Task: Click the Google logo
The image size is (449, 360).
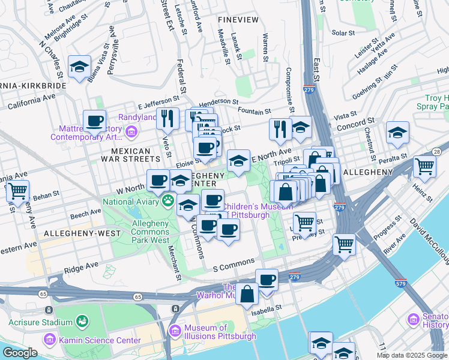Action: [x=19, y=353]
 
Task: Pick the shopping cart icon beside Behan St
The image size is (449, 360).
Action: [x=18, y=191]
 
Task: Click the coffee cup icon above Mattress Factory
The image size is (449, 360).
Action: [x=94, y=121]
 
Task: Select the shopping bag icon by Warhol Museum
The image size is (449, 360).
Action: [x=247, y=294]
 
